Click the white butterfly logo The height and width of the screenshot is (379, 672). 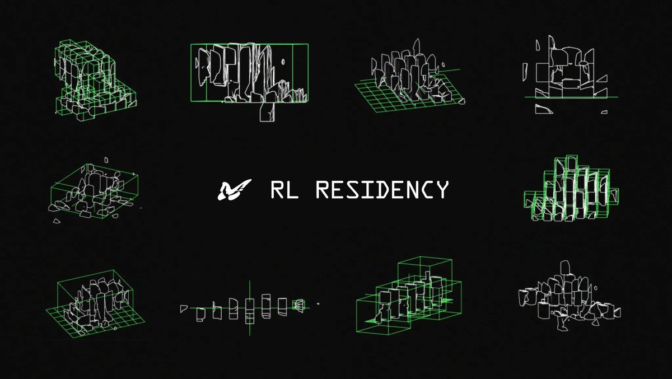(229, 190)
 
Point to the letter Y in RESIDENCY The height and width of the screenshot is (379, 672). (441, 190)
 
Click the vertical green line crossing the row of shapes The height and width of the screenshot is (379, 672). (250, 327)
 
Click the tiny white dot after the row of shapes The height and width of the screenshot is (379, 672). (318, 304)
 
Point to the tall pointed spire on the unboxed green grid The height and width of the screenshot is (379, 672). (416, 48)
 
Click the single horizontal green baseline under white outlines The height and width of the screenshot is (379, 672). (571, 97)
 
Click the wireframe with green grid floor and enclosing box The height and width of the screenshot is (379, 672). (95, 302)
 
